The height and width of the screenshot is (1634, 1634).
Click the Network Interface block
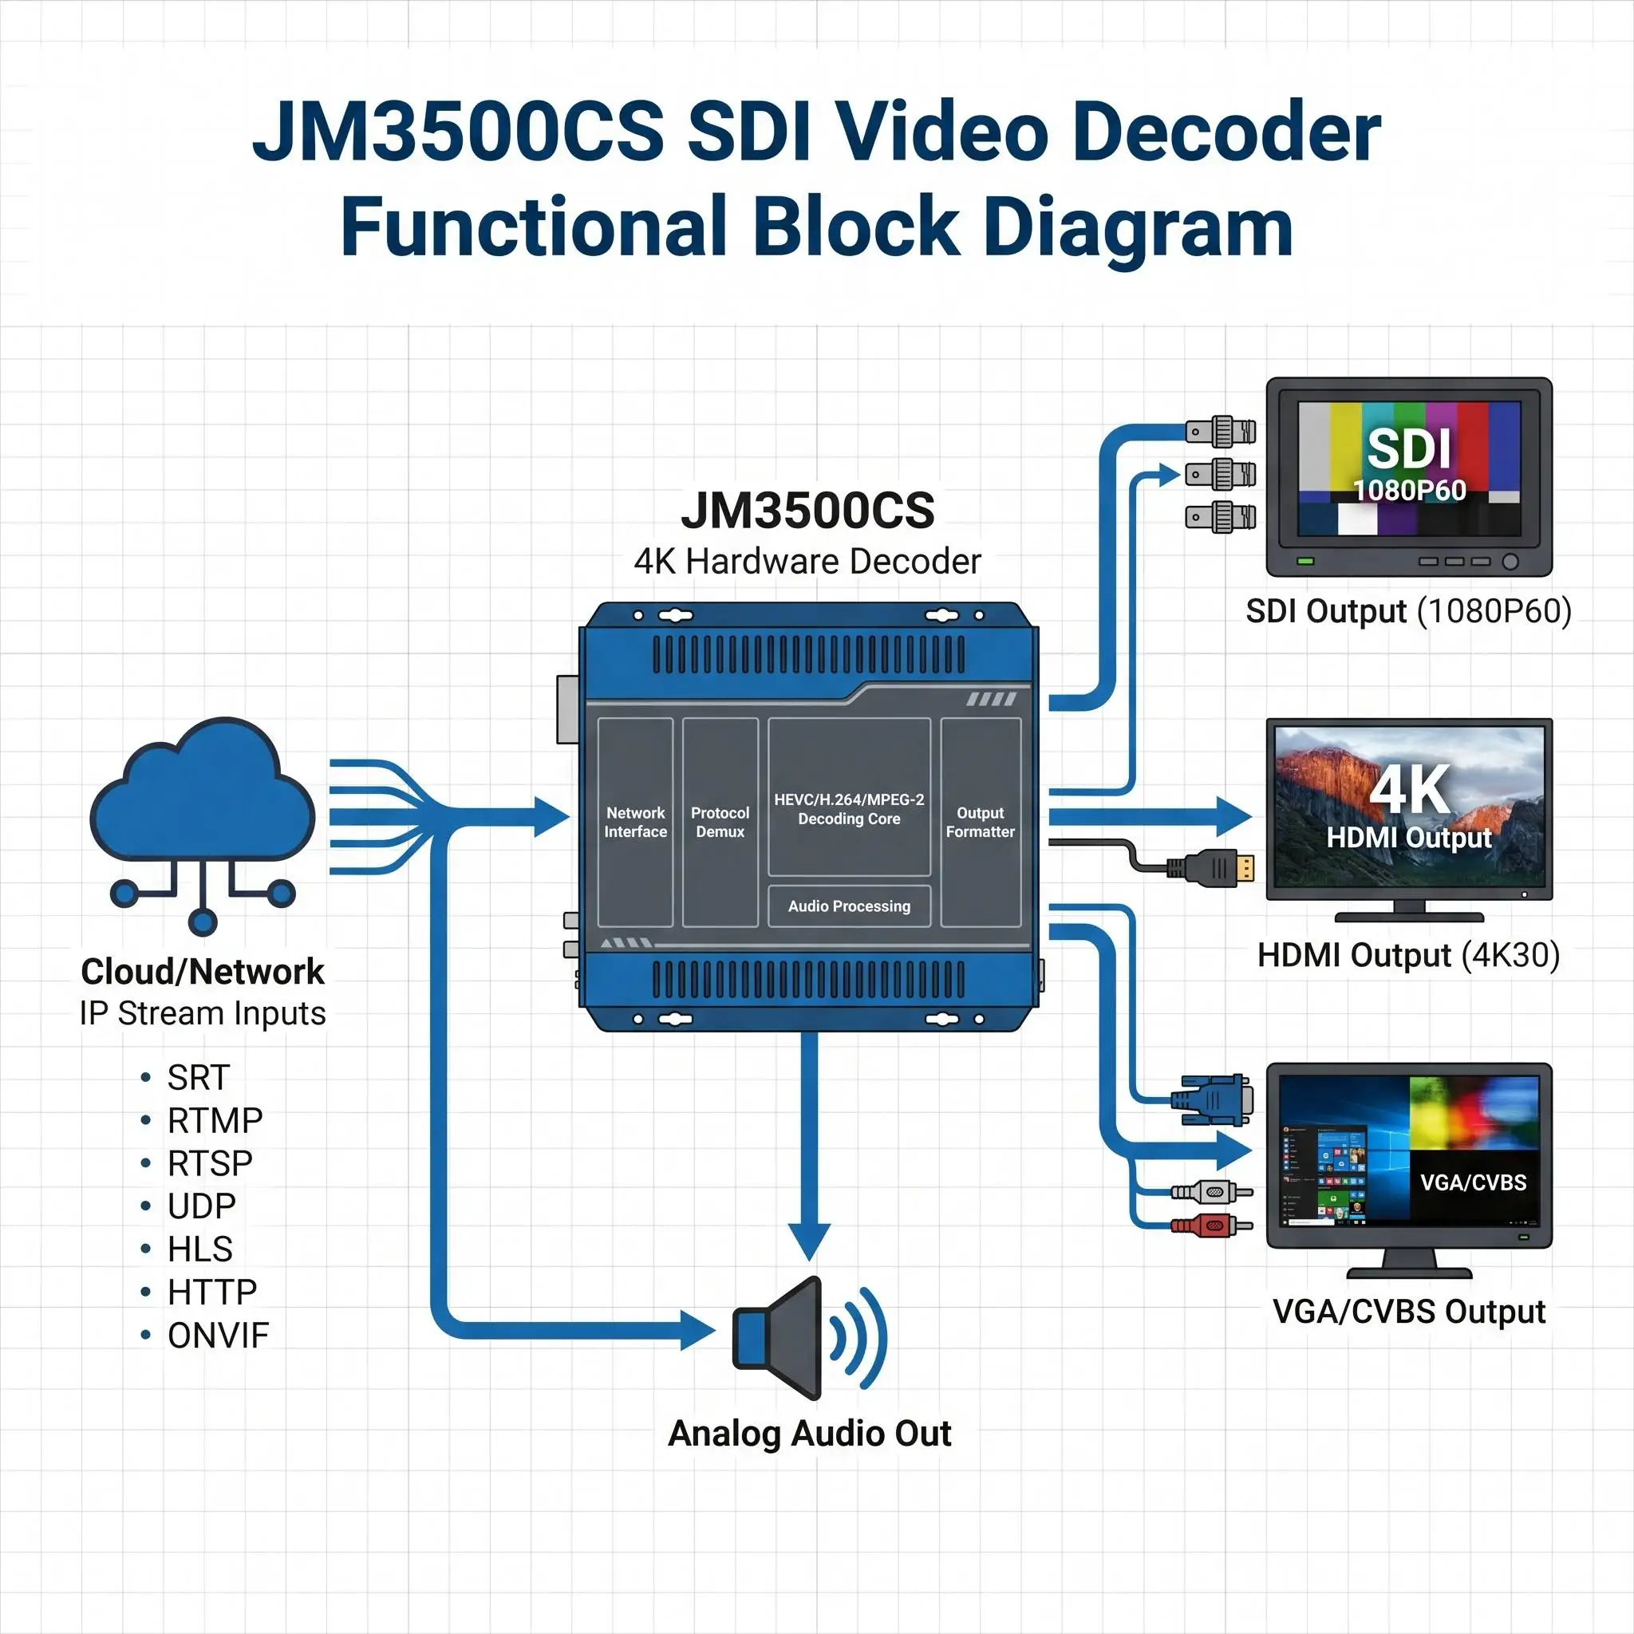click(x=635, y=822)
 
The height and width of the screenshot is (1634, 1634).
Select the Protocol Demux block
click(x=720, y=822)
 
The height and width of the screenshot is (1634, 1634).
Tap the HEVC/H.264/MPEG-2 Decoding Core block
click(x=849, y=797)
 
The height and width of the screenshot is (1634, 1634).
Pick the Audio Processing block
click(x=849, y=906)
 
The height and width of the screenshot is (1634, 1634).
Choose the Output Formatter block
click(x=981, y=822)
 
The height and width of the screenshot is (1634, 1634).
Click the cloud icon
click(x=202, y=825)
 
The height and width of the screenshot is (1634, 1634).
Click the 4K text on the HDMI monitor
click(x=1410, y=790)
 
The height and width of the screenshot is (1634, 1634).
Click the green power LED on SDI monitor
click(x=1306, y=561)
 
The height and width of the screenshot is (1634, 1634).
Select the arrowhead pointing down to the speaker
click(x=809, y=1241)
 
